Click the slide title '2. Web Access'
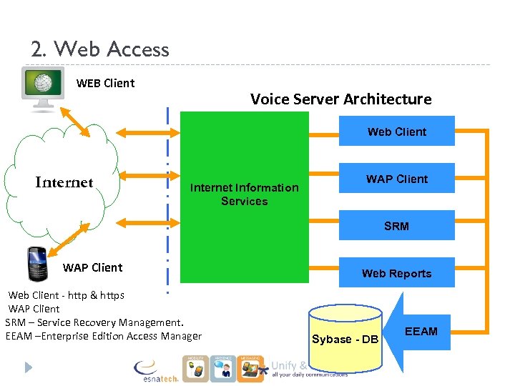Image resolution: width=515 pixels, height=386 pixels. (100, 49)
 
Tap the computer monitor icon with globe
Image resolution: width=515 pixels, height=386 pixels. (42, 89)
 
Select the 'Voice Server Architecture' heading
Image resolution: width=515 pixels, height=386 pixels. (340, 99)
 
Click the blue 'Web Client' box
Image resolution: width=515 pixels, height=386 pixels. (396, 132)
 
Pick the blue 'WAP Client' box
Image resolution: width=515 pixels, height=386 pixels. (396, 179)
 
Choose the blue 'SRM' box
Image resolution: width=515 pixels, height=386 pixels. (396, 226)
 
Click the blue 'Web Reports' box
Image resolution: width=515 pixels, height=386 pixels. (396, 273)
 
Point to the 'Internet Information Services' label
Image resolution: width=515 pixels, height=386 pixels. (244, 194)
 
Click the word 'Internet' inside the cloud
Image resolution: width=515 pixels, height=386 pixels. (64, 182)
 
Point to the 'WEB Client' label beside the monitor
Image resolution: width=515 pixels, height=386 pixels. (105, 83)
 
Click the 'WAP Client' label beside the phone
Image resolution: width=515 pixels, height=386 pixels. (92, 267)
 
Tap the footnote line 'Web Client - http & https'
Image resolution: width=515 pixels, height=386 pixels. (66, 295)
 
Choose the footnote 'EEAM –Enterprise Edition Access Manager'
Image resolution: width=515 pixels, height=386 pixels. (103, 336)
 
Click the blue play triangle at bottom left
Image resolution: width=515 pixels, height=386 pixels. (28, 367)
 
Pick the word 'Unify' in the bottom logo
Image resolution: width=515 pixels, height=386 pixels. (284, 365)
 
